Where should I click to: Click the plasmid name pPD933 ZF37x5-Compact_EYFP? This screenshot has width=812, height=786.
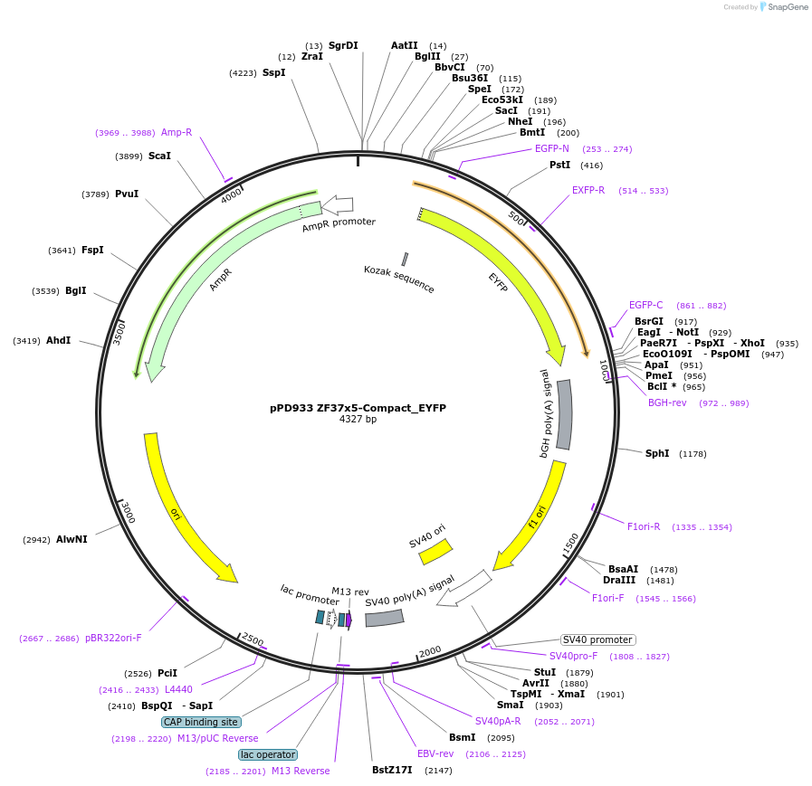click(358, 408)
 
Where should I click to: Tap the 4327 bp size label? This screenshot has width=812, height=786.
click(358, 420)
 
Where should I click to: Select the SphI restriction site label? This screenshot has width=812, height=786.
click(656, 453)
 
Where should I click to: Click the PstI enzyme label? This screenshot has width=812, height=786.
click(560, 165)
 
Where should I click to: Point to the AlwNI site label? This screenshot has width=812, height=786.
click(72, 539)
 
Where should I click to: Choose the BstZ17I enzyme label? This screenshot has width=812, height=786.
click(392, 770)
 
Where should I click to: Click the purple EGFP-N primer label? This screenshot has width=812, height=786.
click(552, 148)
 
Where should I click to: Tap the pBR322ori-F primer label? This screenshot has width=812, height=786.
click(113, 638)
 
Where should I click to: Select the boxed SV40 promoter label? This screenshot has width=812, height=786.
click(598, 639)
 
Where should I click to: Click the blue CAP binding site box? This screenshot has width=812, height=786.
click(201, 722)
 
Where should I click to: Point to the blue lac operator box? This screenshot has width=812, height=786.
click(267, 754)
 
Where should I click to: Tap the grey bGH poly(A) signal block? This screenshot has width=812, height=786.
click(564, 414)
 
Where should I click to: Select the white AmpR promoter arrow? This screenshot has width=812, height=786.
click(338, 204)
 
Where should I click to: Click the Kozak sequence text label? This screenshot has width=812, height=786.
click(399, 279)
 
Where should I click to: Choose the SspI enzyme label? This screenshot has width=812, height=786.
click(273, 72)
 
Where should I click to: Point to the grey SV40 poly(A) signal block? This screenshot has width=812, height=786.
click(384, 618)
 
